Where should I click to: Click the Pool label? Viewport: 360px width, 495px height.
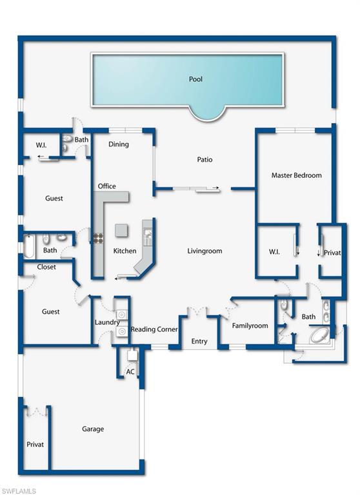coord(195,79)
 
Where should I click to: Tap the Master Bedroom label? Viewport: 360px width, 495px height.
coord(296,175)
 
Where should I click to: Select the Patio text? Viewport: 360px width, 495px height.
coord(205,160)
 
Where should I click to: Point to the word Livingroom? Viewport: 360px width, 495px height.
coord(205,251)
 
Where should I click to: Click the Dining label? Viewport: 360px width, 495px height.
coord(119,144)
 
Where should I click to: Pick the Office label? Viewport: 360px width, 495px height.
coord(107,186)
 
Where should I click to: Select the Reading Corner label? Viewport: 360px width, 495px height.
coord(154,329)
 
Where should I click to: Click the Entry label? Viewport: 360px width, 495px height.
coord(199,341)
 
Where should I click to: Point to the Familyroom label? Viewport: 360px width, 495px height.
coord(250,325)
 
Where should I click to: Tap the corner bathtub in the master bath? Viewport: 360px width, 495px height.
coord(319,336)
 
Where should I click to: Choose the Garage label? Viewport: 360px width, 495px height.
coord(93,429)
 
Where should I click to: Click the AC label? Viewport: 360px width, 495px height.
coord(130,372)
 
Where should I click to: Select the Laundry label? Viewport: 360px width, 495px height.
coord(107,322)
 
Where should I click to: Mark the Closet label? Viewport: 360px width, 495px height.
coord(46,267)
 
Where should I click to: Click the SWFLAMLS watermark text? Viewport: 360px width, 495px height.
coord(19,490)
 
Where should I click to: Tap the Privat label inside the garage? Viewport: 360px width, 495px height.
coord(35,444)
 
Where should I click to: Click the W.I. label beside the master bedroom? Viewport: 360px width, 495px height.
coord(274,251)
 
